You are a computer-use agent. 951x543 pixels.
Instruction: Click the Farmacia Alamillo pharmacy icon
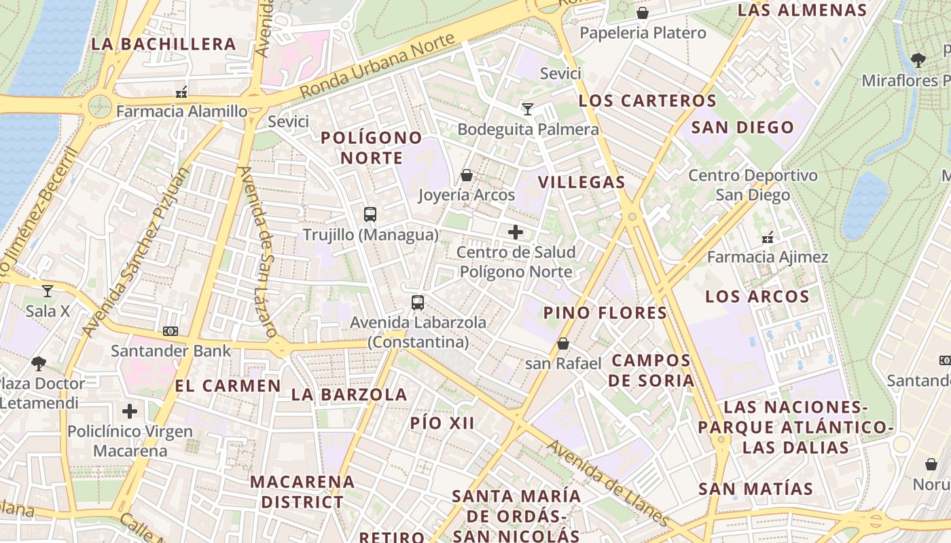(x=181, y=91)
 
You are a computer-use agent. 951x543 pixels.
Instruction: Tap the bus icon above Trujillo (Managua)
(x=370, y=214)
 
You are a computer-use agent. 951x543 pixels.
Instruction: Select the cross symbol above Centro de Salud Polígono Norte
(x=516, y=232)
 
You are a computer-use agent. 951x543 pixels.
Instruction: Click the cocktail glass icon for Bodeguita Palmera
(x=528, y=109)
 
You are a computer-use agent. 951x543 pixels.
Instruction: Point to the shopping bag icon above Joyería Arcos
(x=467, y=175)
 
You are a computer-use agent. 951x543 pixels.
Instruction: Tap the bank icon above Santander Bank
(x=171, y=331)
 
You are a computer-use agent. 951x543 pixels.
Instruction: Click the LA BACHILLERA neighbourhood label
(x=164, y=45)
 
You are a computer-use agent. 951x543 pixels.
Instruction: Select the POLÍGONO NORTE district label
(x=372, y=148)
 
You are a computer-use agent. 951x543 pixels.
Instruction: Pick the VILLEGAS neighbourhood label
(x=581, y=182)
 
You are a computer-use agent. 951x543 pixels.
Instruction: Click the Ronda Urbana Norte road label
(x=377, y=66)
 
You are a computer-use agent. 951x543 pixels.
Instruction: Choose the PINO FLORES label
(x=605, y=313)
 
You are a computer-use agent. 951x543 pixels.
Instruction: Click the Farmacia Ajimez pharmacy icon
(x=768, y=238)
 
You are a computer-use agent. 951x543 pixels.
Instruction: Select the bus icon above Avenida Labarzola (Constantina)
(x=418, y=303)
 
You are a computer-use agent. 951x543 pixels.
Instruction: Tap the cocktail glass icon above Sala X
(x=47, y=291)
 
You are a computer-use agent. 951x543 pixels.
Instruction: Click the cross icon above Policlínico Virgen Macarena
(x=130, y=411)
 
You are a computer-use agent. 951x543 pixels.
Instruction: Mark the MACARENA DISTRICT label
(x=302, y=492)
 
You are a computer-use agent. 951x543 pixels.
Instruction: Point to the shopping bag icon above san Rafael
(x=563, y=344)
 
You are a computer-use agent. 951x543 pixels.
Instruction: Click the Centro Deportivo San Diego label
(x=753, y=185)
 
